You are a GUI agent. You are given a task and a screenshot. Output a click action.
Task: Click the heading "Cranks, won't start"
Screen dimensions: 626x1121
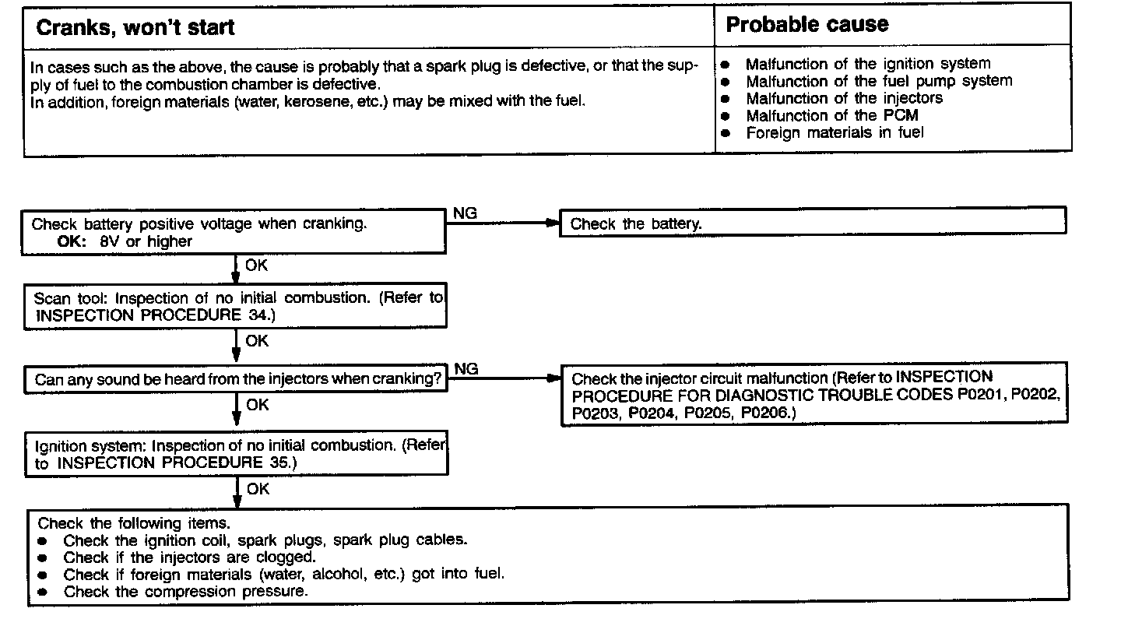pyautogui.click(x=135, y=28)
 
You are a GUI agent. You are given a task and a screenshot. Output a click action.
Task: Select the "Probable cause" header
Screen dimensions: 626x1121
pyautogui.click(x=806, y=25)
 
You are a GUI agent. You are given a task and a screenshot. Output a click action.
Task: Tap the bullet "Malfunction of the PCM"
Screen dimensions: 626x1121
pyautogui.click(x=831, y=116)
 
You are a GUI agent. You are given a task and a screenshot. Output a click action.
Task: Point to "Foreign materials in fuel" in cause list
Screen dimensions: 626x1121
pyautogui.click(x=835, y=133)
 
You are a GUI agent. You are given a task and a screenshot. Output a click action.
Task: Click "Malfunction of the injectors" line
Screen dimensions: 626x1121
pyautogui.click(x=844, y=99)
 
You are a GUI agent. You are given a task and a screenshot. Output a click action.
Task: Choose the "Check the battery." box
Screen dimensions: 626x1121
pyautogui.click(x=636, y=224)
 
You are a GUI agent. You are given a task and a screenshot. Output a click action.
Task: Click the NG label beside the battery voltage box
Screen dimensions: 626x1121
pyautogui.click(x=465, y=213)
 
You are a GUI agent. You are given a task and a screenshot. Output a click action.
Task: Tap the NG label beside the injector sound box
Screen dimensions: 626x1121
pyautogui.click(x=466, y=369)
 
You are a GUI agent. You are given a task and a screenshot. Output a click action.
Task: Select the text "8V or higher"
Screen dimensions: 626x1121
pyautogui.click(x=146, y=241)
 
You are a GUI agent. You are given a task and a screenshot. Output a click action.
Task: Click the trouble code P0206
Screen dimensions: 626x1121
pyautogui.click(x=765, y=413)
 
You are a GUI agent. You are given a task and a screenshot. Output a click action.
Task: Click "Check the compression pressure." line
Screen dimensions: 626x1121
pyautogui.click(x=185, y=592)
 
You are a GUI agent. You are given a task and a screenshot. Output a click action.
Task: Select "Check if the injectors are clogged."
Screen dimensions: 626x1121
pyautogui.click(x=189, y=557)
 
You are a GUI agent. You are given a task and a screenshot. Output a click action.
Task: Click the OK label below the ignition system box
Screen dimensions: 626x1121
pyautogui.click(x=258, y=489)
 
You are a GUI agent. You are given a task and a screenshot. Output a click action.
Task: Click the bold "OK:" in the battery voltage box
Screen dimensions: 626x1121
pyautogui.click(x=76, y=241)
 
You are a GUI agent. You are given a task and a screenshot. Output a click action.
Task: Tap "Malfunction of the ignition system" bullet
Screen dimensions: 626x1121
pyautogui.click(x=868, y=65)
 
